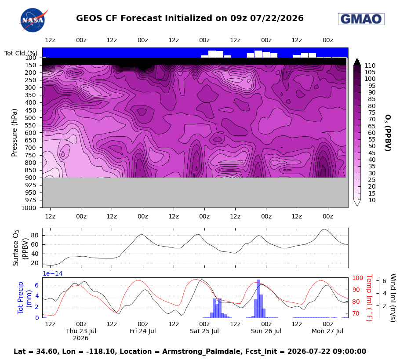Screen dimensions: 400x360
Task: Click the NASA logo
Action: pyautogui.click(x=33, y=20)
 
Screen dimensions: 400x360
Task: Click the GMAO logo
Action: pyautogui.click(x=361, y=19)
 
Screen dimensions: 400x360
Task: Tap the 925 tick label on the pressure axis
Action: pyautogui.click(x=31, y=185)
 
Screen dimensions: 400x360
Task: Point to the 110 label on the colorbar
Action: pyautogui.click(x=370, y=65)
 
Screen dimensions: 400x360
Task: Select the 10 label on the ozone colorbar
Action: pyautogui.click(x=372, y=200)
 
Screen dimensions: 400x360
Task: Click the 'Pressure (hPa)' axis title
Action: pyautogui.click(x=14, y=133)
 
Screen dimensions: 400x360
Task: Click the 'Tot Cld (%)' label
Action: pyautogui.click(x=21, y=53)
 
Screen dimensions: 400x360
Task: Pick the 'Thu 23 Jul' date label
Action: pyautogui.click(x=81, y=331)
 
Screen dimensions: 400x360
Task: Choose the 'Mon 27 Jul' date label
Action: pyautogui.click(x=327, y=331)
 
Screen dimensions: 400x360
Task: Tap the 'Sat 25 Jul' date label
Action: pyautogui.click(x=204, y=331)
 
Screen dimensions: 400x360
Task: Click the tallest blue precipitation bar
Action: pyautogui.click(x=258, y=298)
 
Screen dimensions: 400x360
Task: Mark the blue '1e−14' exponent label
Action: pyautogui.click(x=53, y=273)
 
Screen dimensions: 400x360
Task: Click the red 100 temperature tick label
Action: pyautogui.click(x=358, y=278)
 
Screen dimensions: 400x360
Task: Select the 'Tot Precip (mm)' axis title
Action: pyautogui.click(x=24, y=298)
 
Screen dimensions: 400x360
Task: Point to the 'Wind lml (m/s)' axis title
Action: pyautogui.click(x=393, y=298)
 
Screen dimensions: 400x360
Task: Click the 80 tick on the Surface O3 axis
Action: pyautogui.click(x=35, y=235)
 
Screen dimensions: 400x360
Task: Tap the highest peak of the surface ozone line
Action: pyautogui.click(x=324, y=229)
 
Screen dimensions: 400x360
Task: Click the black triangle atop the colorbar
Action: pyautogui.click(x=357, y=62)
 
